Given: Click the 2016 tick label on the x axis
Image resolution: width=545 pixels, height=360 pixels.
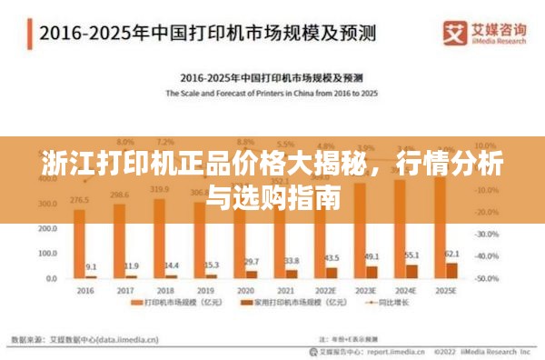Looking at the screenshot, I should click(x=84, y=290).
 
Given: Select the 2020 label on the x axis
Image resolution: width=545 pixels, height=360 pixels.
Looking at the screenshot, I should click(x=246, y=290).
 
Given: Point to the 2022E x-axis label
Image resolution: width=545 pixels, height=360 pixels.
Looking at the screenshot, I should click(x=326, y=290).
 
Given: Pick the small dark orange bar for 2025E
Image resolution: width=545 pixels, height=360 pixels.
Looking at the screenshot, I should click(x=452, y=270).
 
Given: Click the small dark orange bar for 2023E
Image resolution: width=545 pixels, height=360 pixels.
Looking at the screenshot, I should click(x=372, y=272).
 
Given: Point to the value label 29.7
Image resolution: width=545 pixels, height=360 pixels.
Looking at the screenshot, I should click(x=253, y=262).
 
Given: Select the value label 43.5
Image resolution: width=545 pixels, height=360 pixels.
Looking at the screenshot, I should click(x=333, y=258).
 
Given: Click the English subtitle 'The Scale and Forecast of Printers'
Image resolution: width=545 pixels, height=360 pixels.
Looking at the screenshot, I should click(x=270, y=94).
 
